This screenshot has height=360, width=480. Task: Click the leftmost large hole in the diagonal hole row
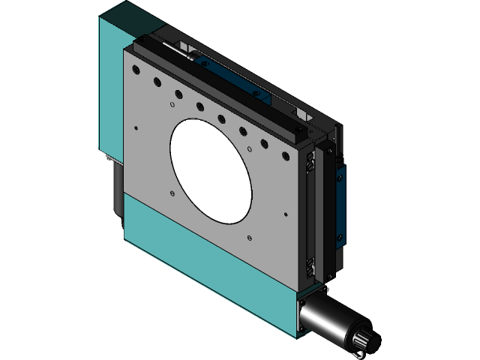[x=136, y=68]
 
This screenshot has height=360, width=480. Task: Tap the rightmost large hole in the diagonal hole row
[x=285, y=157]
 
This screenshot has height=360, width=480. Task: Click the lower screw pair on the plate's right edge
[x=309, y=263]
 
